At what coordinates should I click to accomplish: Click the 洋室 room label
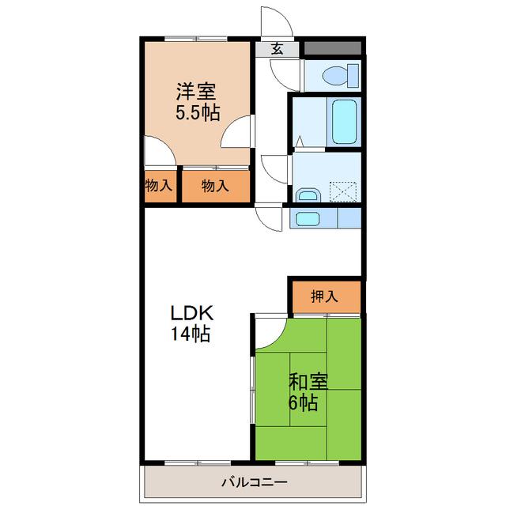[195, 92]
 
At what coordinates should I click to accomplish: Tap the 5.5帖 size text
[198, 112]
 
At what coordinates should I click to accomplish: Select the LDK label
[191, 312]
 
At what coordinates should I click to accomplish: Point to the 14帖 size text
[191, 334]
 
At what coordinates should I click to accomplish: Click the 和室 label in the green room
[308, 381]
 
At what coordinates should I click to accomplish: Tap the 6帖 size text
[303, 402]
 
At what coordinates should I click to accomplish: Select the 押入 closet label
[324, 296]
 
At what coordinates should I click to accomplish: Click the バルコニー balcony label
[254, 483]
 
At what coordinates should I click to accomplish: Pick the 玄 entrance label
[277, 49]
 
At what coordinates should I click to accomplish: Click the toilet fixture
[341, 76]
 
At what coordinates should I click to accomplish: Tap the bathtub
[345, 122]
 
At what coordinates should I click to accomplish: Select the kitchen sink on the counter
[308, 219]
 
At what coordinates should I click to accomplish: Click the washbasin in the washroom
[308, 194]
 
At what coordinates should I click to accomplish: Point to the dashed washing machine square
[343, 191]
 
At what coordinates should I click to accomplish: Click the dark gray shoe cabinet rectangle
[333, 48]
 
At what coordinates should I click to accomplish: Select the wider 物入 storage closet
[216, 187]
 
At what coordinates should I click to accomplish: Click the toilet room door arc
[280, 81]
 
